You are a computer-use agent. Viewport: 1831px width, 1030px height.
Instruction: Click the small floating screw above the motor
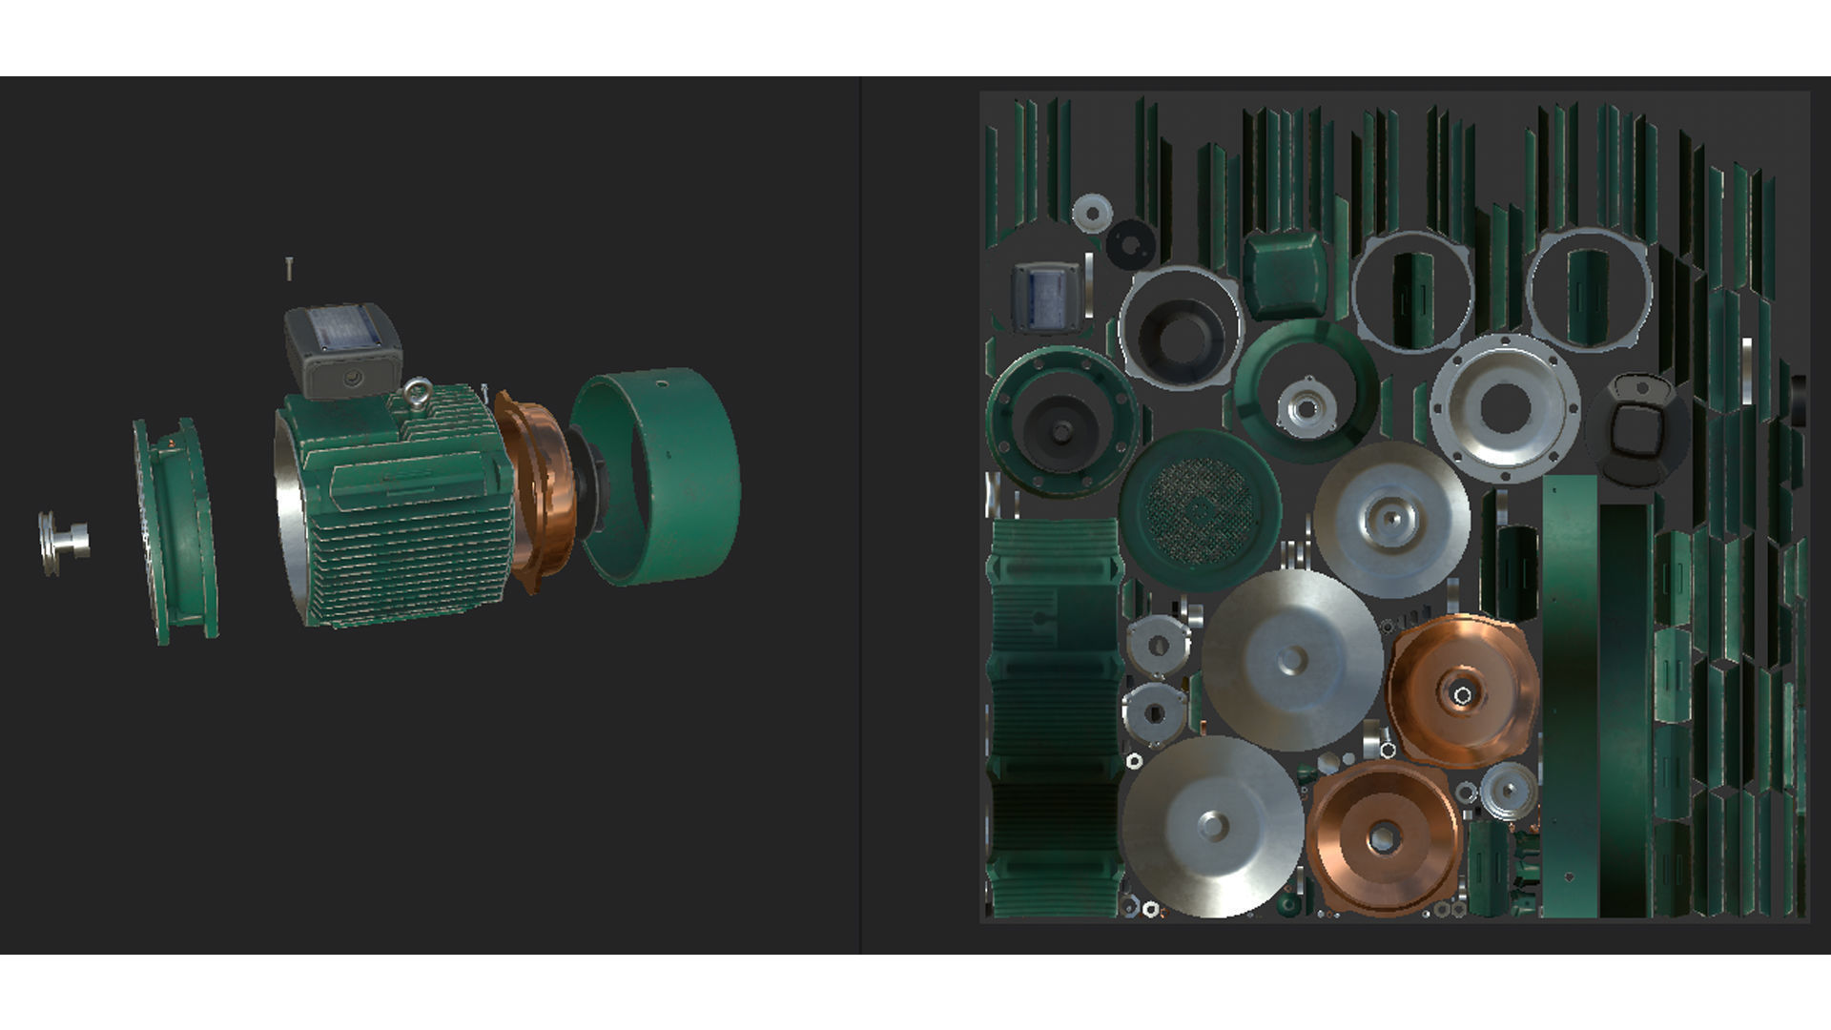coord(288,269)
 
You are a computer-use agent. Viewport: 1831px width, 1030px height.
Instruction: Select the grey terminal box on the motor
coord(341,349)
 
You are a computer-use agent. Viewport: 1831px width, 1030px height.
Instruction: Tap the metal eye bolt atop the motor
coord(416,393)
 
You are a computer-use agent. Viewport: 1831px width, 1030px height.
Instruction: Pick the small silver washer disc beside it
coord(1093,213)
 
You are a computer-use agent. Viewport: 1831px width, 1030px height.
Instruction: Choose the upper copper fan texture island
coord(1461,690)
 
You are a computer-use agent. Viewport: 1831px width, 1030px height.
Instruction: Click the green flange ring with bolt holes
coord(1061,422)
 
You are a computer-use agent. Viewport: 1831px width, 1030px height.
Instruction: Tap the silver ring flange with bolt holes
coord(1504,407)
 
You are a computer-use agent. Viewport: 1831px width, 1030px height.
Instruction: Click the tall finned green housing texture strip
coord(1054,715)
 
